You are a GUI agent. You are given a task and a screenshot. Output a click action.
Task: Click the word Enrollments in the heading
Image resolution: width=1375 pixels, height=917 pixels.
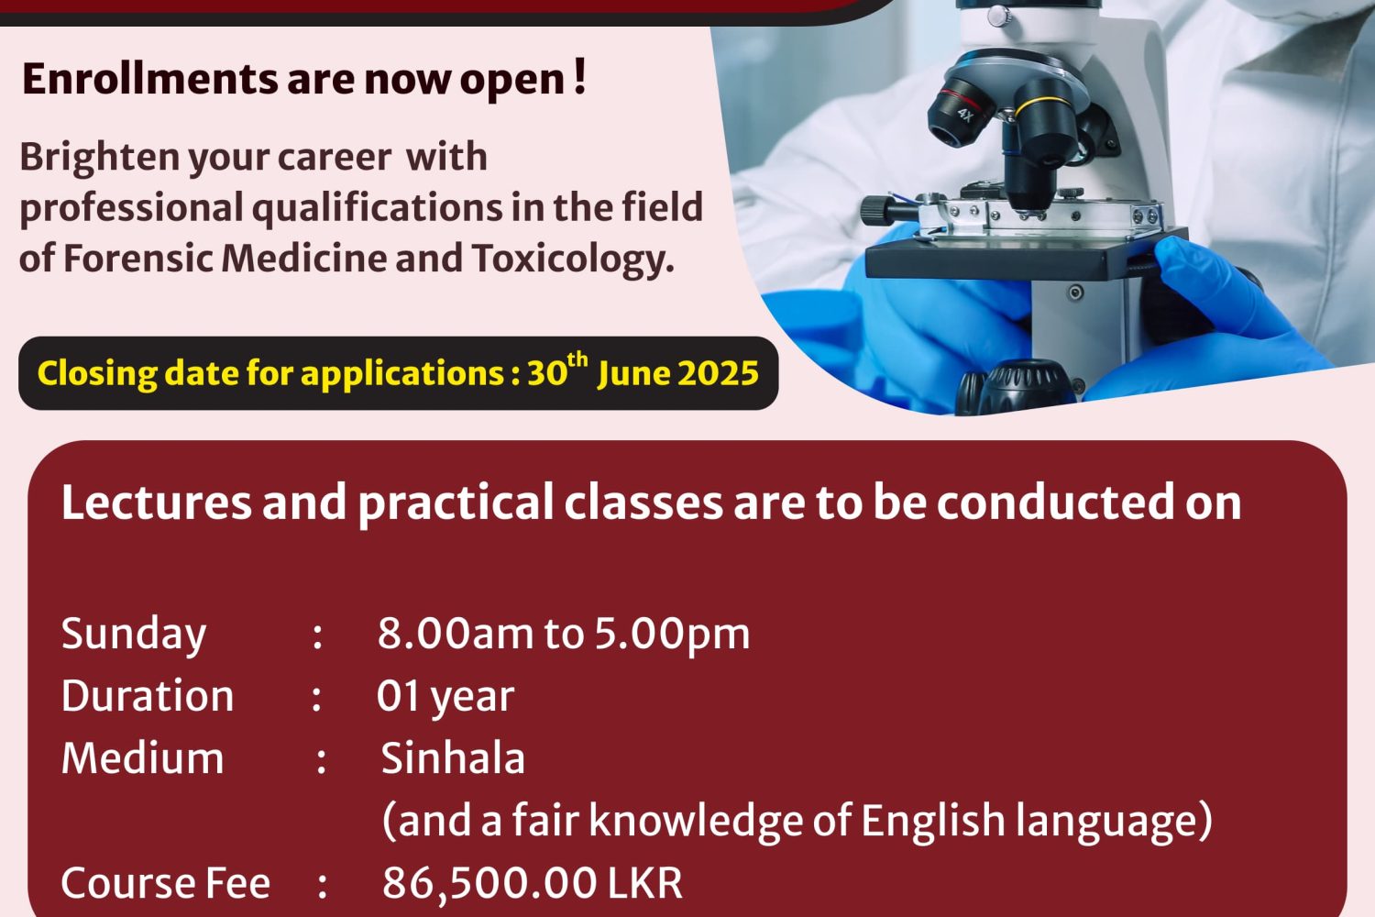pos(149,79)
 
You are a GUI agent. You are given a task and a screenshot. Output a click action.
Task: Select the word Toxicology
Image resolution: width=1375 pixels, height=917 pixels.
pos(573,259)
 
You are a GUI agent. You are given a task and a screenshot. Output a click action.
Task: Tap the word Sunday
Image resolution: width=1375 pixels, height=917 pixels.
pos(134,635)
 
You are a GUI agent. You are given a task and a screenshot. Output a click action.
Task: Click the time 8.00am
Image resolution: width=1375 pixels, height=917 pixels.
pos(456,634)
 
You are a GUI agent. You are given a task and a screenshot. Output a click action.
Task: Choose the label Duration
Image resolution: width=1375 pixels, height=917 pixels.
pos(148,696)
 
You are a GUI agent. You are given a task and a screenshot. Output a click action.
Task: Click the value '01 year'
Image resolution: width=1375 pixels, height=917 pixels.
pos(445,697)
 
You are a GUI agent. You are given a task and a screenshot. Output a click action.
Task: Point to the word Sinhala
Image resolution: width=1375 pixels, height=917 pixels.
pos(453,758)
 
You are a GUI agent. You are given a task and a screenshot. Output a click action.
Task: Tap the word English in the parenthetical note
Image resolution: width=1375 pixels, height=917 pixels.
pos(932,820)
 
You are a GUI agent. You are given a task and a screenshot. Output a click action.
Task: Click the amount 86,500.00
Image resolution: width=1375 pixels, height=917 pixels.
pos(489,883)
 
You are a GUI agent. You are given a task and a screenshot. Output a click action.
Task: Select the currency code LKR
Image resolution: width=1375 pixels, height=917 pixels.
pos(644,883)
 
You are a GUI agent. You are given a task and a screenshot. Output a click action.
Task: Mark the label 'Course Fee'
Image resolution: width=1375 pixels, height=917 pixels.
pos(166,883)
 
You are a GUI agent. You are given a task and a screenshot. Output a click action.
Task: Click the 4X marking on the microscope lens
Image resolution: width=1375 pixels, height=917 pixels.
pos(965,115)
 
